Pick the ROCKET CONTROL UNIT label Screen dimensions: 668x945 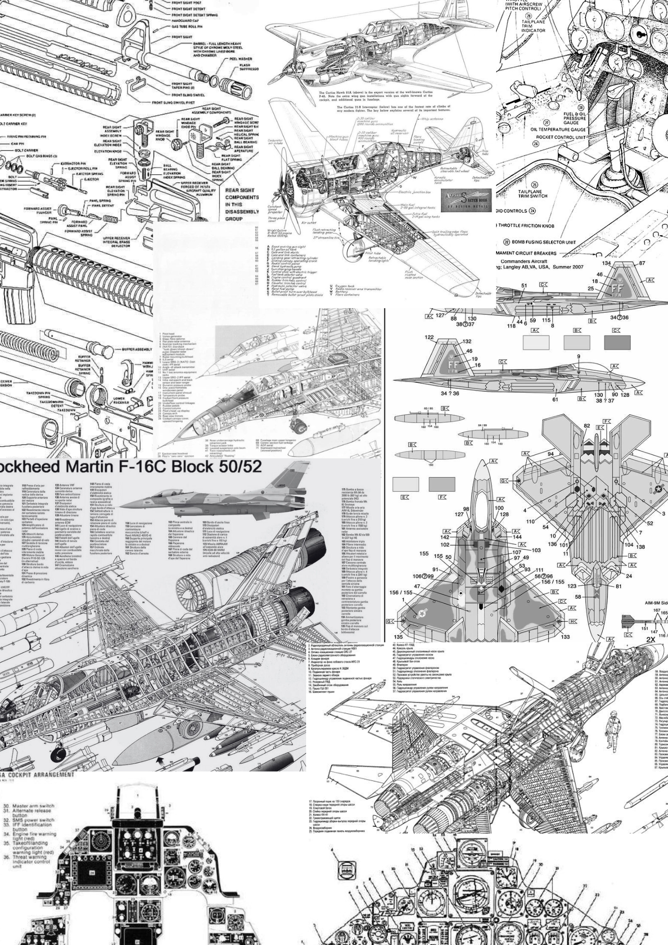(560, 137)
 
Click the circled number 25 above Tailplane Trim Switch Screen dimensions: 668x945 (535, 185)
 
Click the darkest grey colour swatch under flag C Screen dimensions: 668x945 (617, 342)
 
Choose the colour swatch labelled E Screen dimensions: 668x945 (405, 484)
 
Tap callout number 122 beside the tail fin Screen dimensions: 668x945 (428, 338)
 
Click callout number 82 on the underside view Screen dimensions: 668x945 (587, 426)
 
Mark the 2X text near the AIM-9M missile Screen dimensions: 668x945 (651, 640)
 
